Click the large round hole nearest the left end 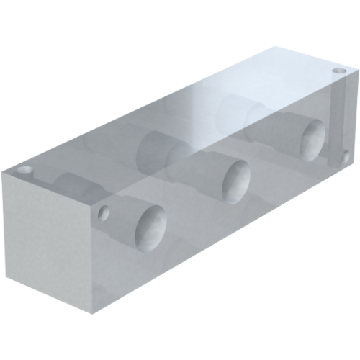tap(150, 227)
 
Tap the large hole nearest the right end tap(312, 139)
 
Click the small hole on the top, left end tap(24, 171)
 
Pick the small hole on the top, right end tap(339, 71)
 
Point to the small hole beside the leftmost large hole tap(105, 213)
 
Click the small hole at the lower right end tap(345, 156)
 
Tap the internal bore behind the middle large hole tap(162, 148)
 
